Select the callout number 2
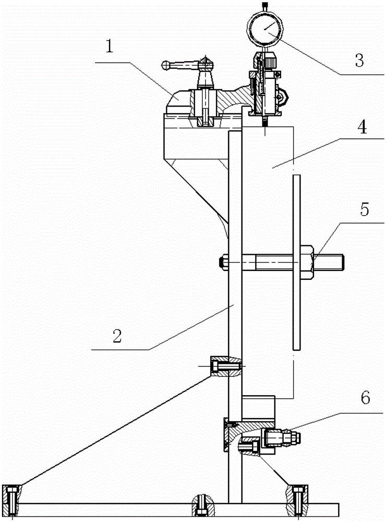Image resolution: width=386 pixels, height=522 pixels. [117, 336]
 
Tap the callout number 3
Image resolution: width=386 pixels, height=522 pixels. [359, 60]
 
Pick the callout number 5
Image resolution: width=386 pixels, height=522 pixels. [365, 209]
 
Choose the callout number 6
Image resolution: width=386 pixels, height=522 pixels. [365, 397]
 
